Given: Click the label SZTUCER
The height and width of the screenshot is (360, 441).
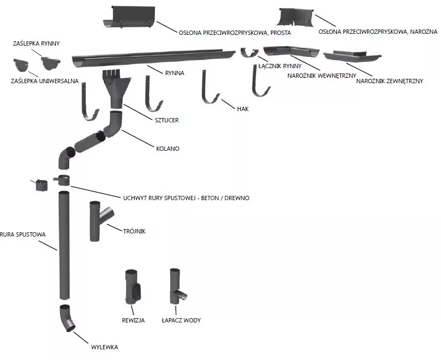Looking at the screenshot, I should pyautogui.click(x=167, y=120).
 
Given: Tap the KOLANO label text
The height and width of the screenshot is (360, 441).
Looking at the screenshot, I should pyautogui.click(x=168, y=149).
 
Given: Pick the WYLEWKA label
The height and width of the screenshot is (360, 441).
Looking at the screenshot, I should pyautogui.click(x=105, y=347).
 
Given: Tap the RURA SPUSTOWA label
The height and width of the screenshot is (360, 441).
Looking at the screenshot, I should pyautogui.click(x=24, y=234).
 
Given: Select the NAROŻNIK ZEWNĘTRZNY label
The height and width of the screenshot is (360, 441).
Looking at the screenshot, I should pyautogui.click(x=389, y=81).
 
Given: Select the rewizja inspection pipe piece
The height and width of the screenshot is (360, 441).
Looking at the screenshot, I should pyautogui.click(x=133, y=288).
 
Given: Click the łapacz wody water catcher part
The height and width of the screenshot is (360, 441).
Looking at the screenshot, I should pyautogui.click(x=175, y=288).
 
